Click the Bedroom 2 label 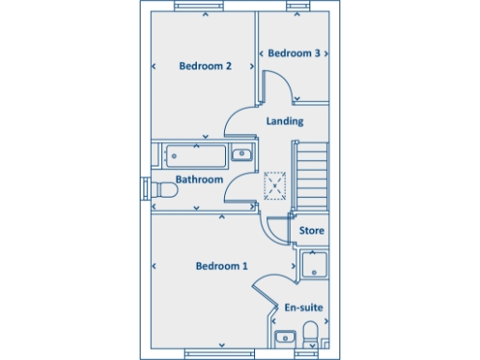tap(204, 66)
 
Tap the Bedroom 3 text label tap(293, 53)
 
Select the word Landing tap(284, 121)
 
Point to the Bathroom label tap(199, 179)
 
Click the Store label tap(311, 230)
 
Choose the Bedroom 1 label tap(221, 266)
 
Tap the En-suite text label tap(304, 307)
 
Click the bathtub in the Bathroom tap(193, 155)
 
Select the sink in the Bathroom tap(241, 155)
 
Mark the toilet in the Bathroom tap(164, 190)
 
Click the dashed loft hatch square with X tap(276, 185)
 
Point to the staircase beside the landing tap(312, 176)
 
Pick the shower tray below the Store tap(312, 264)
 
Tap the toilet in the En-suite tap(310, 336)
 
